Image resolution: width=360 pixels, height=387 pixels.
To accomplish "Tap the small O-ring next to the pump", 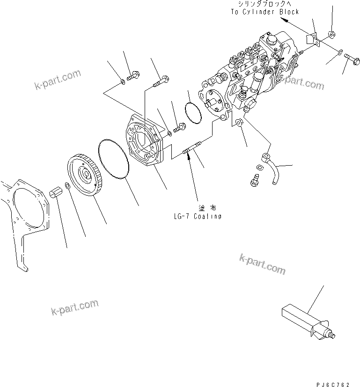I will coord(192,114).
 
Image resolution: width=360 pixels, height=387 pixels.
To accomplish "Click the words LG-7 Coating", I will coord(197,216).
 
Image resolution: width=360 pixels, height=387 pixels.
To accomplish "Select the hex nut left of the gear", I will coord(56,192).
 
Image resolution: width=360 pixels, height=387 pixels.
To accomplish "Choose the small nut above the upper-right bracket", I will coord(331,34).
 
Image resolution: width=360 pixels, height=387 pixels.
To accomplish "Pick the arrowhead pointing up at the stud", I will coord(189,159).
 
